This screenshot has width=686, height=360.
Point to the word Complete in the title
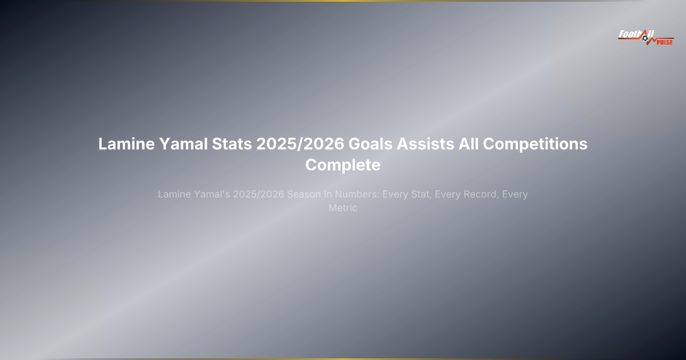343,165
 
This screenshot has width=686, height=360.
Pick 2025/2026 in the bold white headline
300,144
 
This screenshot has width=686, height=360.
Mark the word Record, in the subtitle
479,194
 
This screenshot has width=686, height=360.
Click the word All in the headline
467,144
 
